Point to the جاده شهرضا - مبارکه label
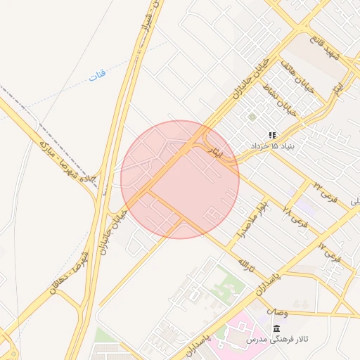[65, 164]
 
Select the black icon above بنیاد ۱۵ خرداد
[272, 135]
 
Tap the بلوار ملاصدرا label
[252, 221]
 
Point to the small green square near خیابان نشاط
[252, 117]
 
